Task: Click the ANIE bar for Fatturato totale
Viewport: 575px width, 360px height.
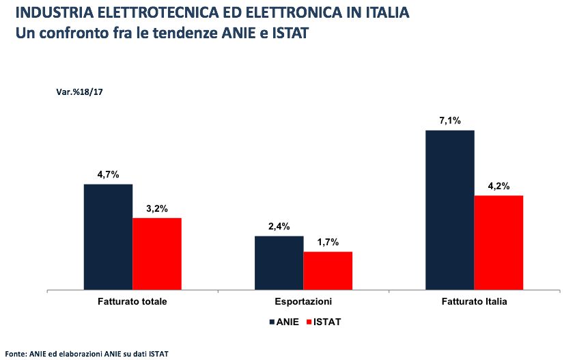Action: click(108, 237)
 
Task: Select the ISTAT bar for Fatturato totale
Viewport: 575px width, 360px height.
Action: click(157, 254)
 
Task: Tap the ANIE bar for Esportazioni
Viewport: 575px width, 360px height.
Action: click(279, 263)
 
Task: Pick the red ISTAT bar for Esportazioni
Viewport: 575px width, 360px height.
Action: click(328, 271)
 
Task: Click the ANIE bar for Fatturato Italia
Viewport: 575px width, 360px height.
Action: click(449, 210)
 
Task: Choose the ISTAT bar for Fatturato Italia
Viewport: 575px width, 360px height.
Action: click(499, 243)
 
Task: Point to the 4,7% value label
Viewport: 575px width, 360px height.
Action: click(109, 175)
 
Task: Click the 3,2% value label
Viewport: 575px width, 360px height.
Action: click(157, 208)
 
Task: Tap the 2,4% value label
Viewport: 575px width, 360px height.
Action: click(279, 227)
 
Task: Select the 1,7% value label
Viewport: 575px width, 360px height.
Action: click(328, 243)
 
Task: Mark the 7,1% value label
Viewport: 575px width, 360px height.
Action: click(449, 121)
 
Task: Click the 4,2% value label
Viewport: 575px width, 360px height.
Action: click(499, 186)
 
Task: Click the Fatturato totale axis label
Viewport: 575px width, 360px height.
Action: click(132, 301)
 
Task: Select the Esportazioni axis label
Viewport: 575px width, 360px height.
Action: click(303, 301)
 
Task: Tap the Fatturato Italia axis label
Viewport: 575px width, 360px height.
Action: click(474, 301)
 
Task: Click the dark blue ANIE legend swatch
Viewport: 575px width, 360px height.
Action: click(272, 321)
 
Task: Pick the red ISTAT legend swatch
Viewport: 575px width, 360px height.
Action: click(309, 321)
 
